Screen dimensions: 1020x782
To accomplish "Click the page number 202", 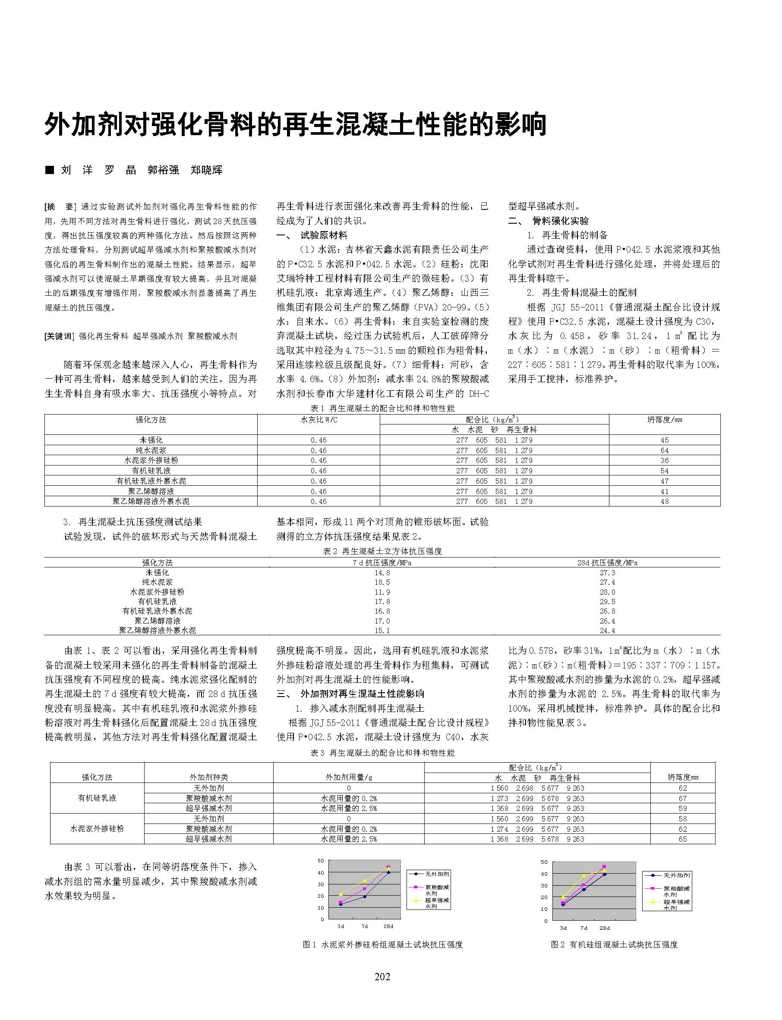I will (x=382, y=977).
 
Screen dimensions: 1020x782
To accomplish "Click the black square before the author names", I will (x=49, y=170).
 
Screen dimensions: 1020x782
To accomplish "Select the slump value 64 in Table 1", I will (x=664, y=450).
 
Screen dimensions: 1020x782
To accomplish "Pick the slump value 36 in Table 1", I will (x=664, y=460).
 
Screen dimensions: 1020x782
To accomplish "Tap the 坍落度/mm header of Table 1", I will (x=664, y=420).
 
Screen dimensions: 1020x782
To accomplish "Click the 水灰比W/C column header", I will (x=318, y=420).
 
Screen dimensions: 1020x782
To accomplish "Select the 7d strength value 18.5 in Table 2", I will (x=382, y=582).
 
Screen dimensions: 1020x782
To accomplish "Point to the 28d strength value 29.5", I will (x=607, y=602).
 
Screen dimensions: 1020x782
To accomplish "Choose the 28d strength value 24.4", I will (x=607, y=630).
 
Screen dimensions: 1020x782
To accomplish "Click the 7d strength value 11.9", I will (x=382, y=592).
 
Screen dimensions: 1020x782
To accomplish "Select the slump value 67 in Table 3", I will (x=682, y=798).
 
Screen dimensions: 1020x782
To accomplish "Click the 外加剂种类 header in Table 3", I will (x=208, y=777).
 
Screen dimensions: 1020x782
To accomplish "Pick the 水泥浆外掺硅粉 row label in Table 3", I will (x=97, y=829).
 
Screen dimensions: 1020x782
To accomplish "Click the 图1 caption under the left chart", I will (x=382, y=944).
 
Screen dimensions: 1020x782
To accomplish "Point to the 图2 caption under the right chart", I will (x=614, y=944).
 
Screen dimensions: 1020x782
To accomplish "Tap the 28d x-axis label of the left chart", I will (x=388, y=926).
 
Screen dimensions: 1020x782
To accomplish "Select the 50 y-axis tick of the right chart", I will (x=545, y=862).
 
